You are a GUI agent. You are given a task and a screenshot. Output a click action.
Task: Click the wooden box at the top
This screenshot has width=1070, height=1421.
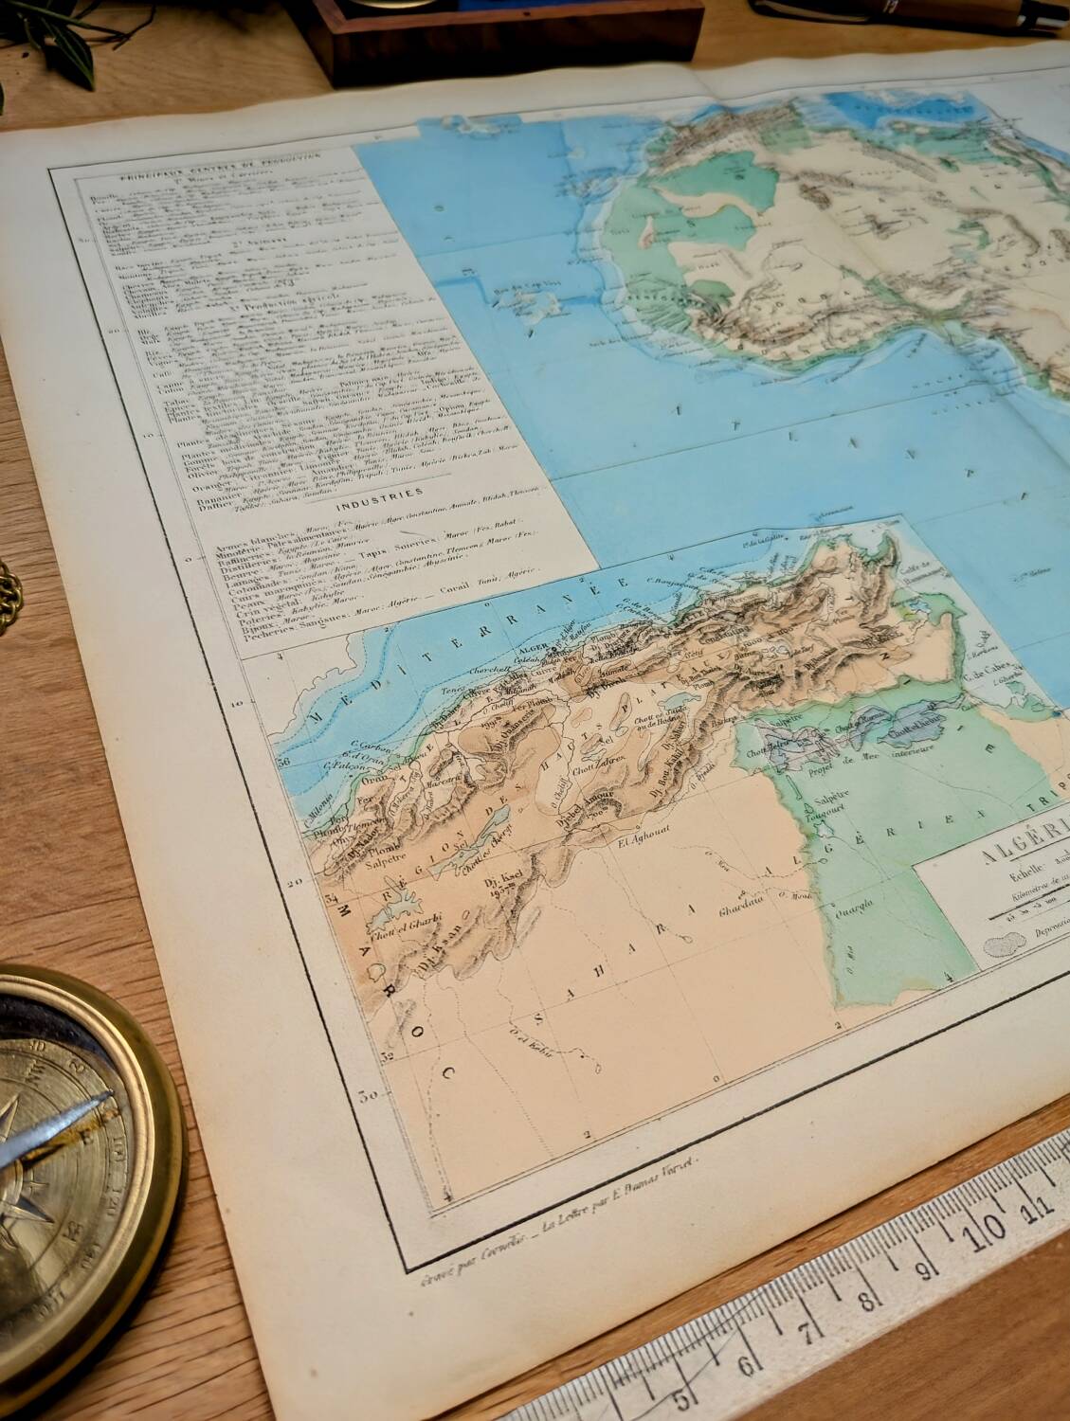click(x=502, y=38)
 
